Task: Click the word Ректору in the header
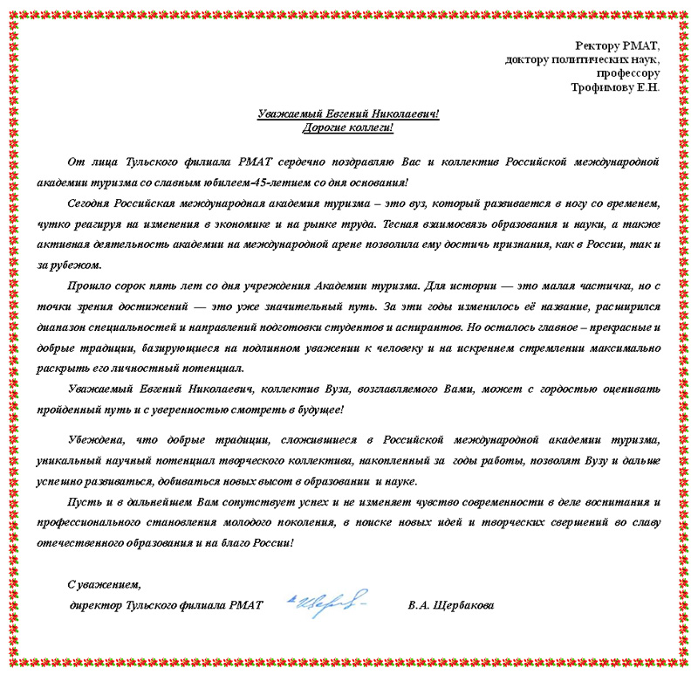(x=596, y=45)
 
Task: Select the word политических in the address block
(x=586, y=59)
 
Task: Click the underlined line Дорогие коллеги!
(x=348, y=128)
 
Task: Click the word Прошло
(x=87, y=285)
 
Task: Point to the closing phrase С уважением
(x=104, y=584)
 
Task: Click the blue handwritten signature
(x=328, y=602)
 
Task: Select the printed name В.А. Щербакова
(x=450, y=605)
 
